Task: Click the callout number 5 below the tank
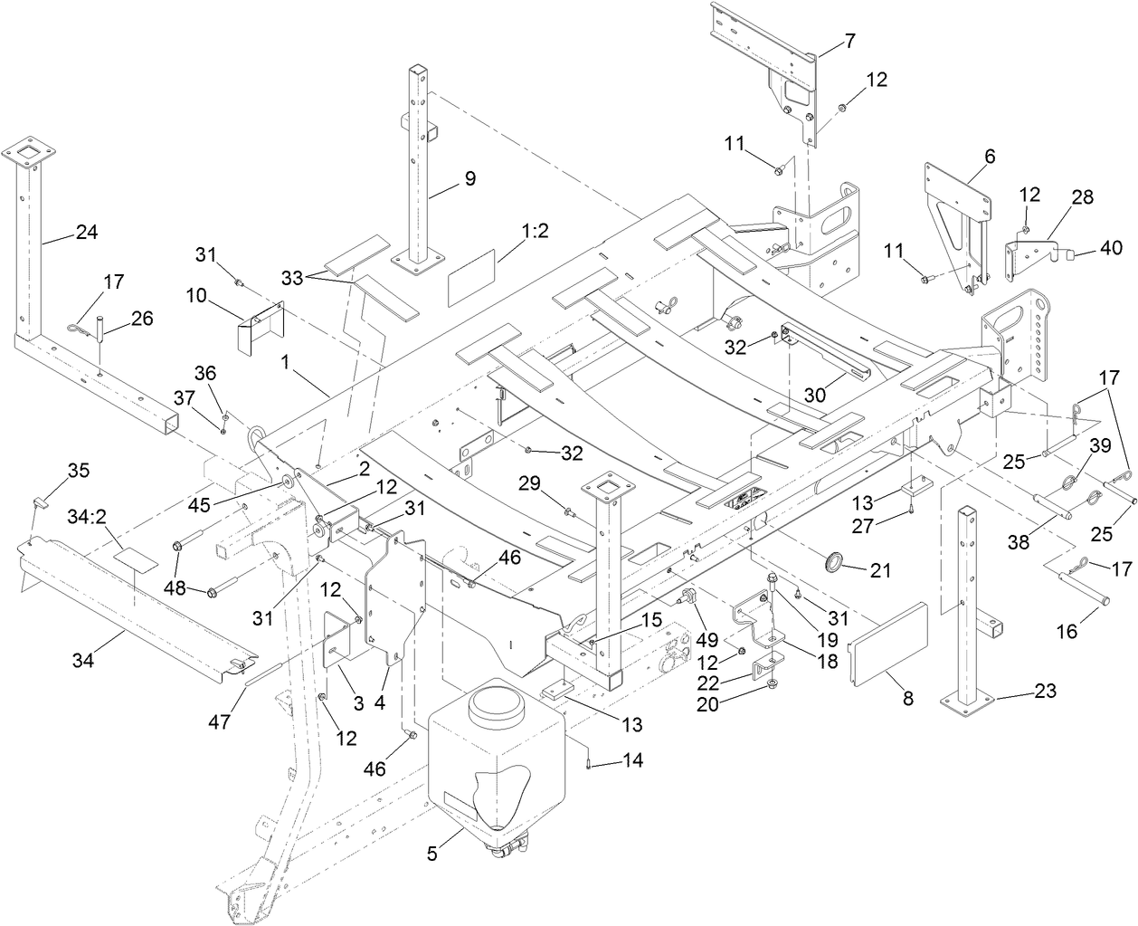pos(432,853)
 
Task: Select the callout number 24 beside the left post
pos(86,233)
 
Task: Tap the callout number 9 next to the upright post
pos(469,178)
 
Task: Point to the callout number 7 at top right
pos(849,40)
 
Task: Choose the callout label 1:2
pos(535,231)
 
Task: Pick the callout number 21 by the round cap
pos(881,570)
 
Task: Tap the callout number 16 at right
pos(1067,630)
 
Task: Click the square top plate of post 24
pos(33,151)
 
